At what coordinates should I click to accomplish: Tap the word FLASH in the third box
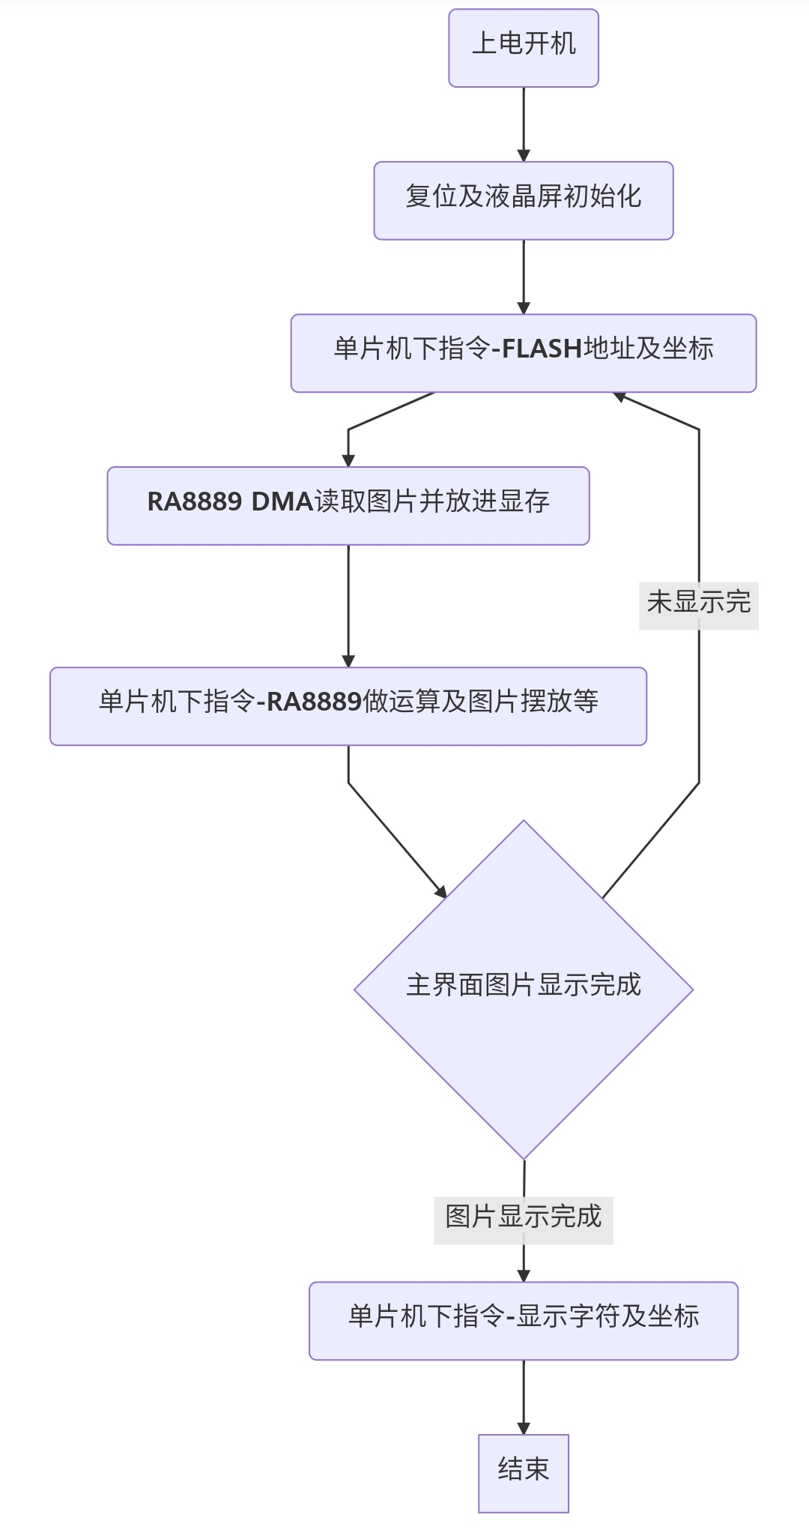542,349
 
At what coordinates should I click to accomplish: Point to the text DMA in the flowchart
282,502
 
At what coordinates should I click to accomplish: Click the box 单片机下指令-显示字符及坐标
524,1320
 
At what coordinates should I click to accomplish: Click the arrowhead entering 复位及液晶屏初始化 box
524,156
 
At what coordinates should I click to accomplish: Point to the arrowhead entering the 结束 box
524,1428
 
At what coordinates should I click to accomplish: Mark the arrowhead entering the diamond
441,891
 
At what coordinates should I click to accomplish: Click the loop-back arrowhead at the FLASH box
619,396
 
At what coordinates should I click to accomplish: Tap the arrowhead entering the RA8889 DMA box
348,460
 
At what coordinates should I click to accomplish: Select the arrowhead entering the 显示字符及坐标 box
524,1275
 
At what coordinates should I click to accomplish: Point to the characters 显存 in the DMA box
524,502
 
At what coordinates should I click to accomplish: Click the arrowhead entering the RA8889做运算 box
348,660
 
